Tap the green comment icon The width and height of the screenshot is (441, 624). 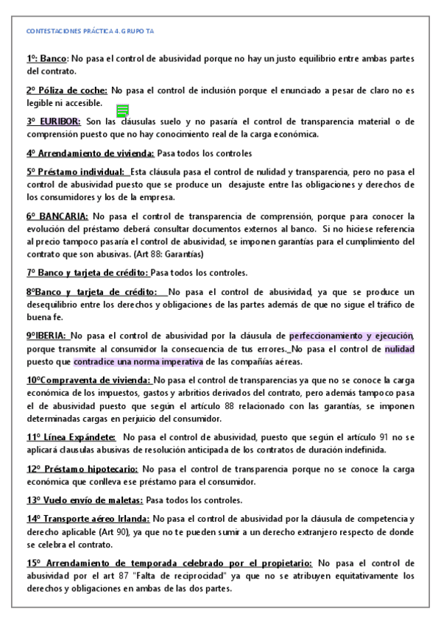(122, 110)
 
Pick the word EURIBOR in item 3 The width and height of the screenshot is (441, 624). (61, 121)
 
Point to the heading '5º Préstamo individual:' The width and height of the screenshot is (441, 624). (76, 172)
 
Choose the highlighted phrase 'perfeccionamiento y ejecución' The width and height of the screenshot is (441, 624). (351, 336)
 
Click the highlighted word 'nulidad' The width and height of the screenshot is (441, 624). (400, 349)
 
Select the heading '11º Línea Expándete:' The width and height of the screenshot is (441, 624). (71, 437)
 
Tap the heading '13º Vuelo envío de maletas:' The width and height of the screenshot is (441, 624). (85, 500)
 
